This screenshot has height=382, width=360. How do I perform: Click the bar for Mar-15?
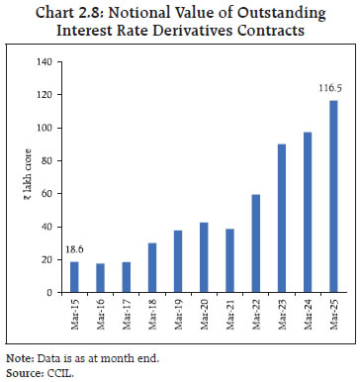(75, 277)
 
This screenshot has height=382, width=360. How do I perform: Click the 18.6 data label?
(75, 251)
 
